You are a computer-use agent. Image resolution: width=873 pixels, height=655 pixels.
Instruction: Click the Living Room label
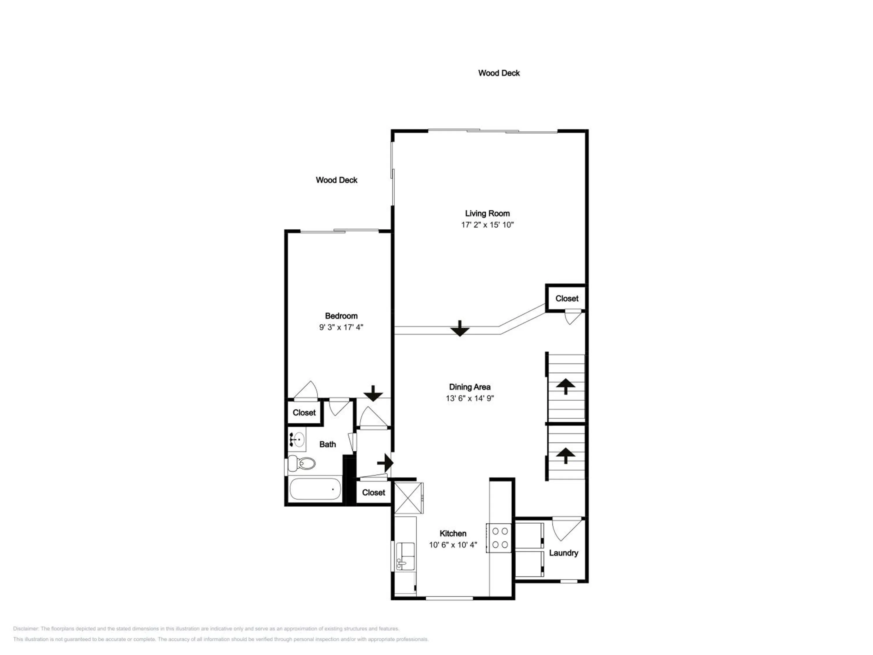click(x=487, y=214)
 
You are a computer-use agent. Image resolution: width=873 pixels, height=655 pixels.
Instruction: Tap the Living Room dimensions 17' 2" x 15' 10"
click(x=487, y=225)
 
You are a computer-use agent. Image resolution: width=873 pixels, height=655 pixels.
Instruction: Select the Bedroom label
click(x=341, y=316)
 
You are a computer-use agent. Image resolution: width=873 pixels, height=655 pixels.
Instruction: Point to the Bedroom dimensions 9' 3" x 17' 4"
click(x=341, y=327)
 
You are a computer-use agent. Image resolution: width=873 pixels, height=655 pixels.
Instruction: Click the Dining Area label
click(x=470, y=387)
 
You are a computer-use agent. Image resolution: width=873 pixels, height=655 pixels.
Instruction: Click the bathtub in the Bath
click(x=315, y=489)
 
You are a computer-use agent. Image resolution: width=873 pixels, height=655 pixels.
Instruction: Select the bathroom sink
click(x=297, y=439)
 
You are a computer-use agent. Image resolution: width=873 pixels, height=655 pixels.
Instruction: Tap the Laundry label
click(x=564, y=553)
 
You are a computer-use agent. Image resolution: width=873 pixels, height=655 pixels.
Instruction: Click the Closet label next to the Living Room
click(x=567, y=298)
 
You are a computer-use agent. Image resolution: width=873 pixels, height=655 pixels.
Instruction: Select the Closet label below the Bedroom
click(x=304, y=413)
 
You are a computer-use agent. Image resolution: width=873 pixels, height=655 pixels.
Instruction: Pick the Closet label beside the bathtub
click(x=373, y=493)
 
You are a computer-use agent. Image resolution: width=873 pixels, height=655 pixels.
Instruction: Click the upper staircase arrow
click(x=566, y=386)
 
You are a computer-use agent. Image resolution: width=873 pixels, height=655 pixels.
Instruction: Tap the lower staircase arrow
click(x=566, y=455)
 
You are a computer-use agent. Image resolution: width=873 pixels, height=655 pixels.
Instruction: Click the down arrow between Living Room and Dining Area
click(x=460, y=328)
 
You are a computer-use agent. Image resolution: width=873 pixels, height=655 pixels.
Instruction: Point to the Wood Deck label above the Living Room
click(x=499, y=73)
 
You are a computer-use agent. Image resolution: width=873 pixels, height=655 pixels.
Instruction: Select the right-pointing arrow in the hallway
click(x=385, y=462)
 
